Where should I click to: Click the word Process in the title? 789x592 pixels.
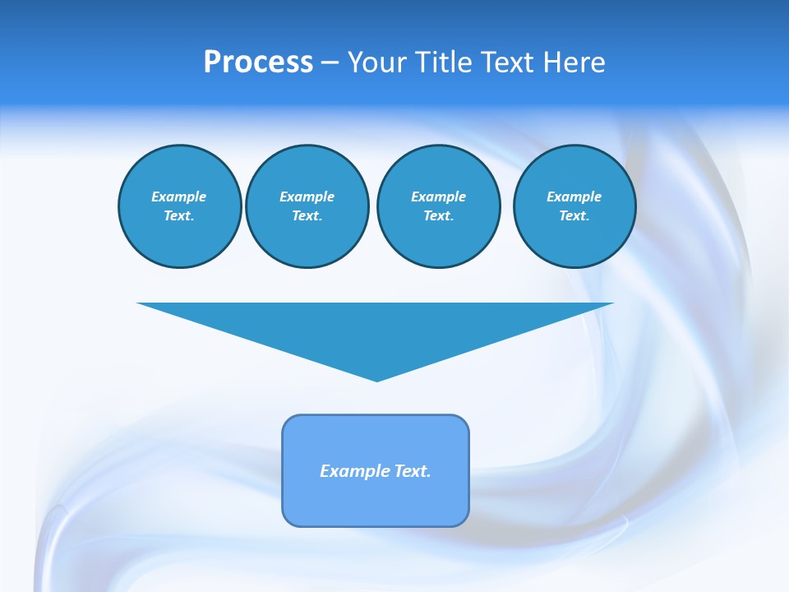click(x=258, y=62)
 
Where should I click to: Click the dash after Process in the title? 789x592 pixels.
click(x=330, y=63)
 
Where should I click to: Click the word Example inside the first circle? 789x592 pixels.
click(x=179, y=197)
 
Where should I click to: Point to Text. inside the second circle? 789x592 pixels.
click(x=307, y=216)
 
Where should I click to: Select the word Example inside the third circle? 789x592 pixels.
click(x=438, y=197)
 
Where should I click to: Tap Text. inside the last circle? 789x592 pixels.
click(x=574, y=216)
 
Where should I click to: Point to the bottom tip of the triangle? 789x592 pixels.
click(x=376, y=379)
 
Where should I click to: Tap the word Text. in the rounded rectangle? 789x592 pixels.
click(x=412, y=471)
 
